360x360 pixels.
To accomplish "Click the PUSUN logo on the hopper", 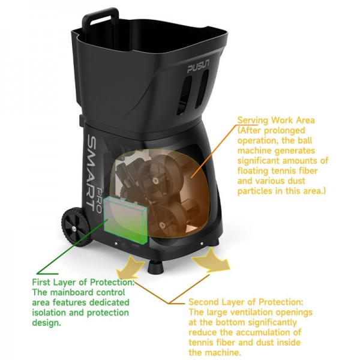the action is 198,67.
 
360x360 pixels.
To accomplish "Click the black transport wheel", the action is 76,226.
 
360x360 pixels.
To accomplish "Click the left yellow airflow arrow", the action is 130,267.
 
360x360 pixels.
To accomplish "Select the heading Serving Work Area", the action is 276,120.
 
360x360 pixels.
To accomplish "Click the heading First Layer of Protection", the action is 83,282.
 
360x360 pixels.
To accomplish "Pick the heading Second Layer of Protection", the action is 245,302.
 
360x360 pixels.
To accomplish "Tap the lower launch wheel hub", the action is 163,225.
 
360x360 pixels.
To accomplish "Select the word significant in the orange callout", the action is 258,161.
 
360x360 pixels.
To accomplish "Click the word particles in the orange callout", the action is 256,191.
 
